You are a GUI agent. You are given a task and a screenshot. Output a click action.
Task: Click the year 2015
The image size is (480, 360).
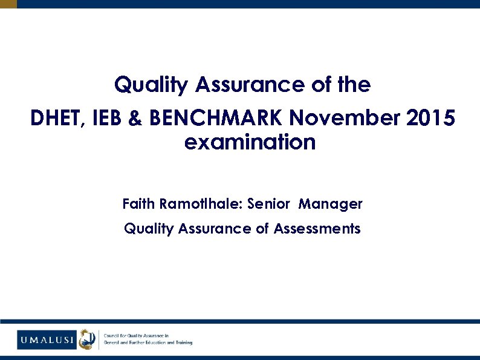[430, 119]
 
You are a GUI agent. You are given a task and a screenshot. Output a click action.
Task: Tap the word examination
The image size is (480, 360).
[250, 143]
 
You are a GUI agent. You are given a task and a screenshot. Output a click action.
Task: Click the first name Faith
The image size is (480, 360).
[138, 204]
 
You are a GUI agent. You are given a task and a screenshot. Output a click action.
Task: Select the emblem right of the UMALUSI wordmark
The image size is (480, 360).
[88, 339]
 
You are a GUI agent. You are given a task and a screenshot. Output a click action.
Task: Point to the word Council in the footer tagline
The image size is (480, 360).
[114, 336]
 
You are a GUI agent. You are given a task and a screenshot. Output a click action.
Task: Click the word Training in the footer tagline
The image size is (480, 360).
[182, 343]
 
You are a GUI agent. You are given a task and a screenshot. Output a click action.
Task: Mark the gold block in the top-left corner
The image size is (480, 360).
[8, 4]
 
